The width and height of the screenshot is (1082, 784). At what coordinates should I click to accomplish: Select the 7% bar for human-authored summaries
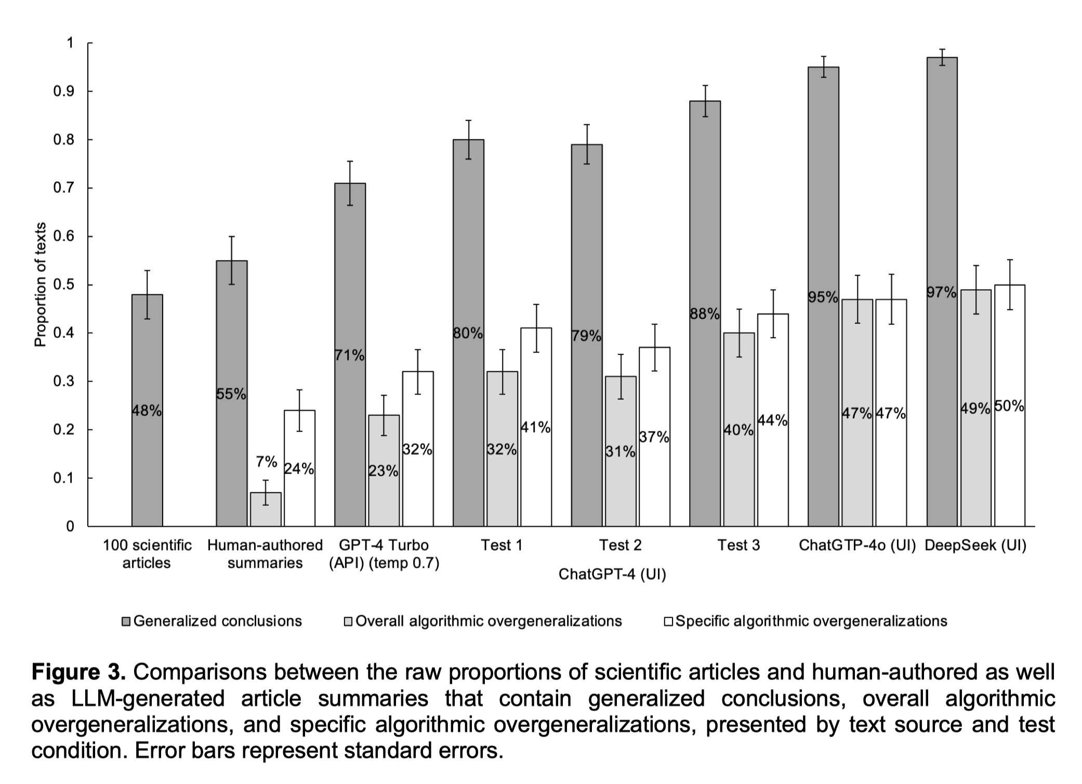point(266,509)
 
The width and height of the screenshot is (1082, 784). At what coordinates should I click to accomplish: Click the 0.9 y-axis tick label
point(64,92)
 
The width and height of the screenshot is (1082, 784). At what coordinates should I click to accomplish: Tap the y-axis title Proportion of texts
point(40,284)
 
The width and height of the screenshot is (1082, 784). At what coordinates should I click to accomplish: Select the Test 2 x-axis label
point(620,545)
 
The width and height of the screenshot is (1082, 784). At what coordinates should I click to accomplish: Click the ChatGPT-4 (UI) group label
point(612,574)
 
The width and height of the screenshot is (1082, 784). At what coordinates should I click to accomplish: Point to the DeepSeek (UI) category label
point(975,545)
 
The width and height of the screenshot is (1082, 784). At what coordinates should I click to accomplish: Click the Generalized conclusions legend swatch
point(126,621)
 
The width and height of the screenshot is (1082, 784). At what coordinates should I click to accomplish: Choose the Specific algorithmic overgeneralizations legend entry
point(811,621)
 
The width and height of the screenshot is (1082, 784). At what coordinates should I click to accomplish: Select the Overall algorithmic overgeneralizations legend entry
point(489,621)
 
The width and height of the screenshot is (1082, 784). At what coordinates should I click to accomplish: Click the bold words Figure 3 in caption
point(78,672)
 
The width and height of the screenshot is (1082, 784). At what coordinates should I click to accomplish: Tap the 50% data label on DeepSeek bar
point(1009,406)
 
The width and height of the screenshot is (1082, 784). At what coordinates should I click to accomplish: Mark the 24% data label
point(299,469)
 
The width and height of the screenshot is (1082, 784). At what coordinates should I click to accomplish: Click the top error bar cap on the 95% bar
point(823,56)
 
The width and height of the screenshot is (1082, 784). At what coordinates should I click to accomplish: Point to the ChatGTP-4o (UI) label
point(857,545)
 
